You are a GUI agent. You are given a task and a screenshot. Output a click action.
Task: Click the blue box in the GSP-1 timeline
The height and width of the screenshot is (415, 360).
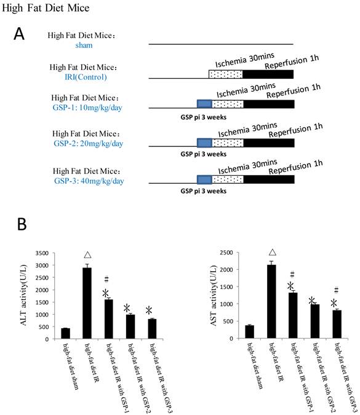pos(204,104)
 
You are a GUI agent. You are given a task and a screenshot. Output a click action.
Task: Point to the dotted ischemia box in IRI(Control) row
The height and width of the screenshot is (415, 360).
pos(226,74)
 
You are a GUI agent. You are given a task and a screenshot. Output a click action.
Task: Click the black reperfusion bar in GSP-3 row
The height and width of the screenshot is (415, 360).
pos(268,180)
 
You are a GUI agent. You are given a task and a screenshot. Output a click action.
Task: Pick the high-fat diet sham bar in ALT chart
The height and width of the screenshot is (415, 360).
pos(65,333)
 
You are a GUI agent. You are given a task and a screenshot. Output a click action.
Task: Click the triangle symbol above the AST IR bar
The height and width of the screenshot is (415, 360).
pos(271,252)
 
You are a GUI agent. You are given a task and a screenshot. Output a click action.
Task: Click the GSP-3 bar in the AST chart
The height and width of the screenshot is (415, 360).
pos(337,324)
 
